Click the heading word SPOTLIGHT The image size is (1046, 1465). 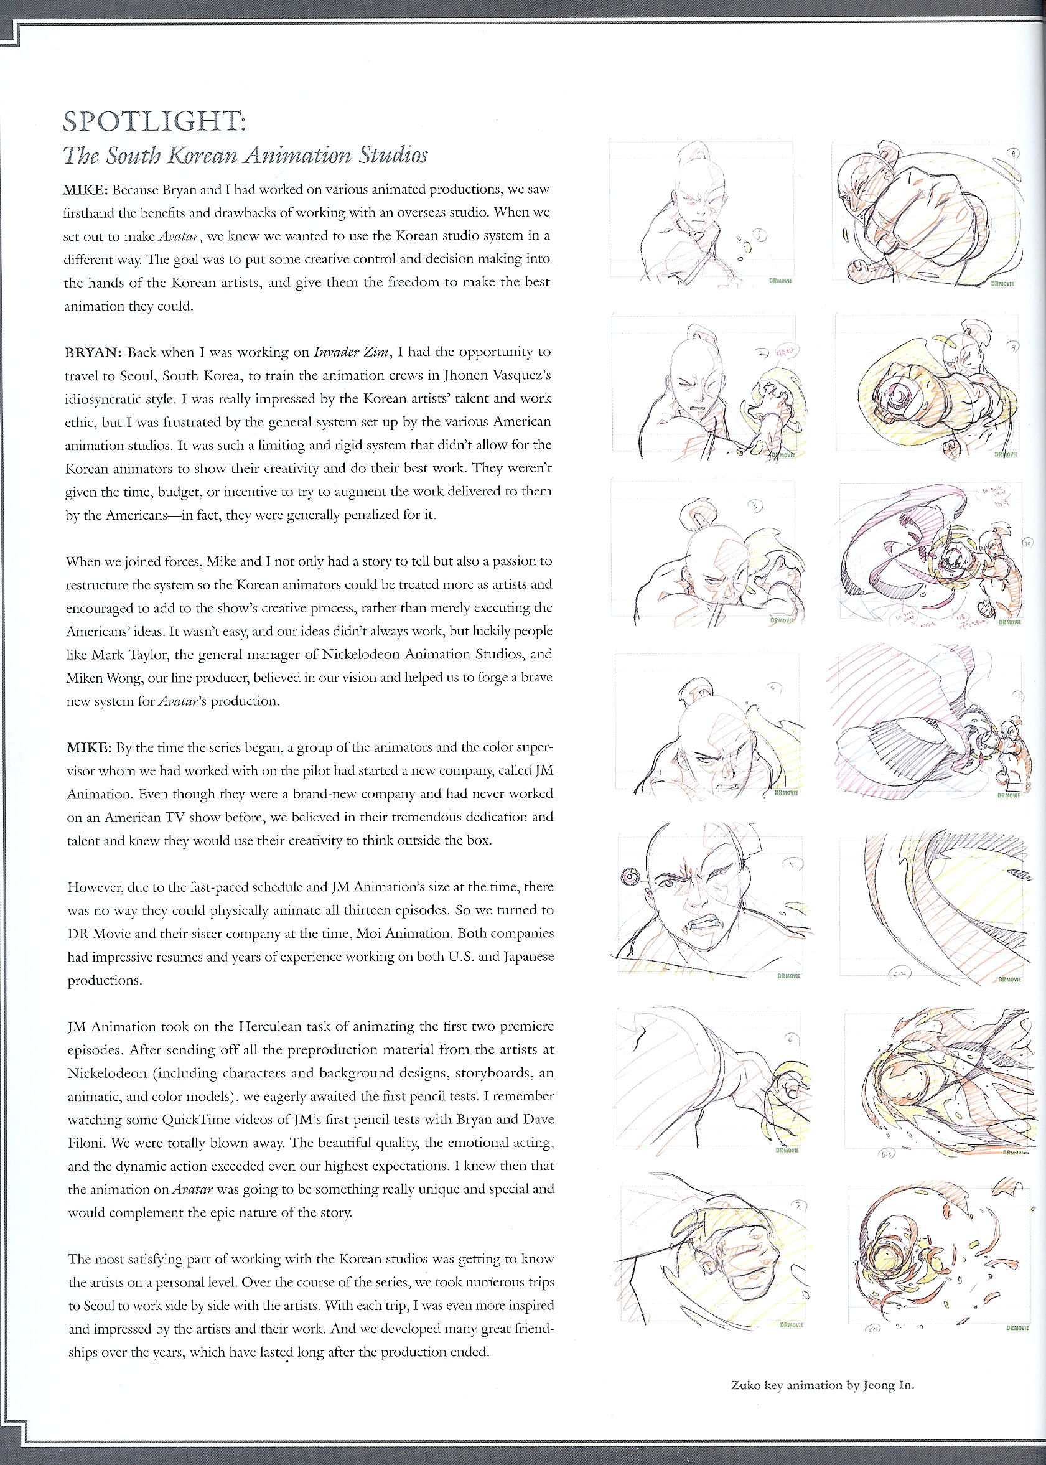coord(153,122)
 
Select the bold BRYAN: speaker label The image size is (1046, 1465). coord(93,352)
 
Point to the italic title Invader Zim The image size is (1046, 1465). coord(351,352)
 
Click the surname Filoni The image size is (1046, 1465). coord(86,1143)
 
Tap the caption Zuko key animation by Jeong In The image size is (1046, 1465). coord(822,1385)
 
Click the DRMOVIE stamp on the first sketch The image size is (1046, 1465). coord(780,281)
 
